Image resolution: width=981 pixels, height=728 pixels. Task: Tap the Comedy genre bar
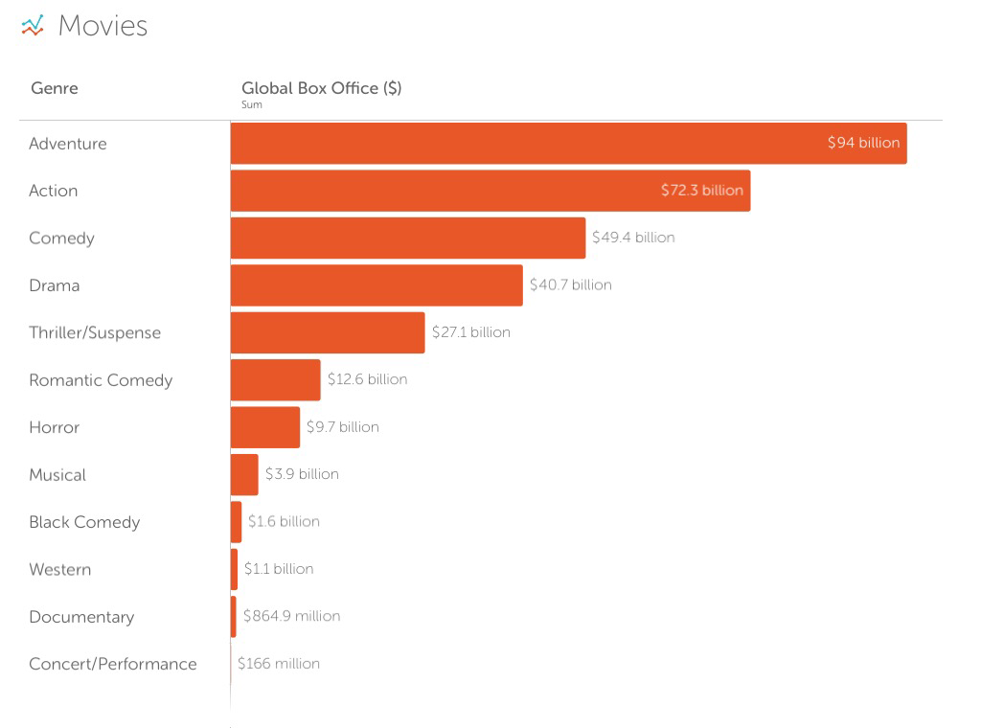coord(407,238)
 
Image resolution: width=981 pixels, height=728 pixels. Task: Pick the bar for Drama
coord(376,285)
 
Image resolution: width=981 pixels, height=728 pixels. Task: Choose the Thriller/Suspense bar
coord(328,332)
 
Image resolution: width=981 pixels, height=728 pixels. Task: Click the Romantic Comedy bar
coord(275,380)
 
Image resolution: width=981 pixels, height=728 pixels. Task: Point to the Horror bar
coord(265,427)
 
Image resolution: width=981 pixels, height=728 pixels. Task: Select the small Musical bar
coord(244,475)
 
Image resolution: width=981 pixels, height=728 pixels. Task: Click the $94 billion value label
coord(863,143)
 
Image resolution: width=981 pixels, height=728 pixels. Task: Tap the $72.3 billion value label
coord(701,191)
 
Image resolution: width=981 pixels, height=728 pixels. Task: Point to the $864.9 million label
coord(291,616)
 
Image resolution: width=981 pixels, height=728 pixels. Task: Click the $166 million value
coord(279,663)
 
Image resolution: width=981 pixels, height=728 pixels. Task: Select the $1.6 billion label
coord(284,521)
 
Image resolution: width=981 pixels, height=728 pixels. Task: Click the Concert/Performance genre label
coord(112,664)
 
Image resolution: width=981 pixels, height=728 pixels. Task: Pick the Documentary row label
coord(81,617)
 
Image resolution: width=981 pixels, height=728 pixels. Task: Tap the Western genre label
coord(60,569)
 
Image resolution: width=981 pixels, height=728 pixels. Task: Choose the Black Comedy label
coord(84,522)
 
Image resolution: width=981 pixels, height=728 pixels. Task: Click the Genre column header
coord(55,88)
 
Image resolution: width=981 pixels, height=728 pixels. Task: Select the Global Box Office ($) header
coord(321,88)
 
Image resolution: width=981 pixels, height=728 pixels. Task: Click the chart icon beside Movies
coord(33,26)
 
